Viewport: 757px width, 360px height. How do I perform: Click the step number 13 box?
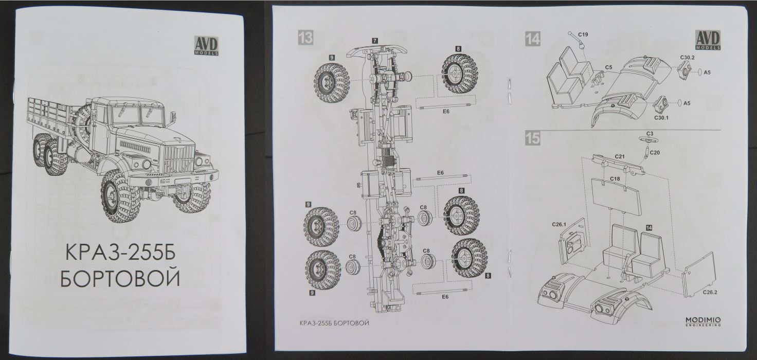point(305,38)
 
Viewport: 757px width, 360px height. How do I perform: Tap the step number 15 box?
point(532,138)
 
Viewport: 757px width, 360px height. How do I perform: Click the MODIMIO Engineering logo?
point(703,321)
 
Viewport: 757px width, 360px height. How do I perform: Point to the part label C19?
point(583,34)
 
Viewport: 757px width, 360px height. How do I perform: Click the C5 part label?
point(608,67)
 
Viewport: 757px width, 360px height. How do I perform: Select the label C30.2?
point(687,58)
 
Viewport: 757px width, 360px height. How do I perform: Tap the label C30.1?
point(661,118)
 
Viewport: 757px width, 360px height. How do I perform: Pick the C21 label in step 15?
point(619,156)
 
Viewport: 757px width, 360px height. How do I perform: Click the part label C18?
point(615,178)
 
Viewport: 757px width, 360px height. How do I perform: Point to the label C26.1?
point(558,224)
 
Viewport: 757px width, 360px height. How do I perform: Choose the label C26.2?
point(711,293)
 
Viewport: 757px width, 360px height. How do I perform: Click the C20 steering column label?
point(655,153)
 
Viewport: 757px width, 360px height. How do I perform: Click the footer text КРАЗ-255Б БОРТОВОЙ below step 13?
point(334,323)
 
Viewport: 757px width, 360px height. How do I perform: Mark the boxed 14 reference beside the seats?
point(649,227)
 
